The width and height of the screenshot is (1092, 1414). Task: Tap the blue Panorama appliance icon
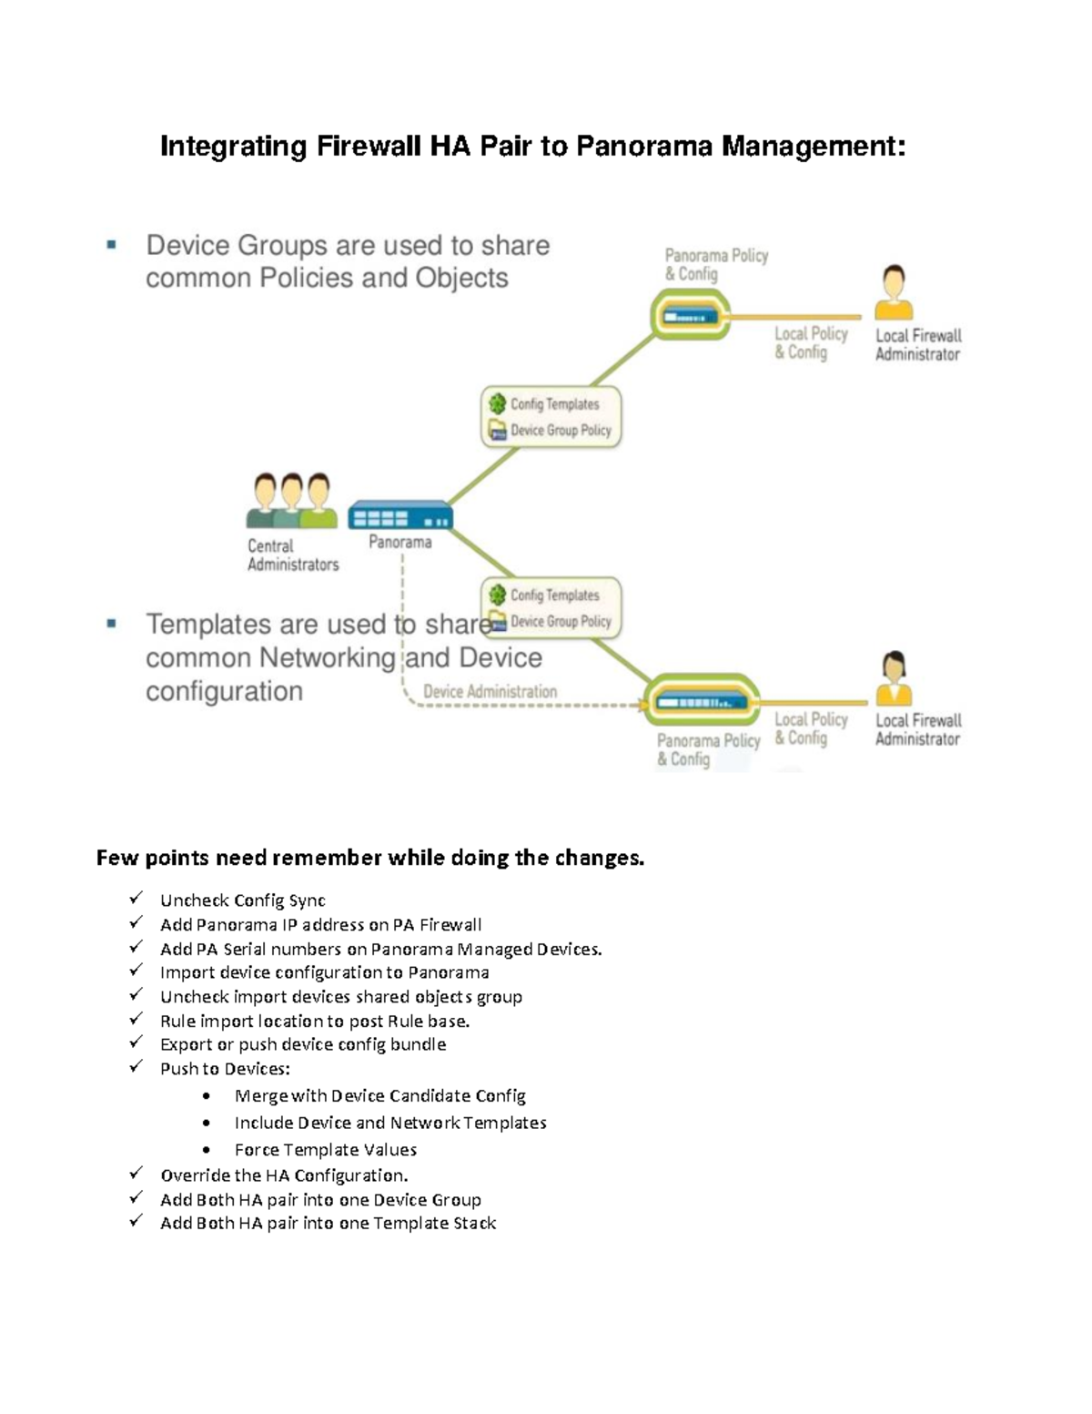pyautogui.click(x=400, y=516)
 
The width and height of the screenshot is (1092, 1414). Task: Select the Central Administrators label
pyautogui.click(x=292, y=554)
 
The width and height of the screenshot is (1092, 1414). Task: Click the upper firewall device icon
pyautogui.click(x=691, y=317)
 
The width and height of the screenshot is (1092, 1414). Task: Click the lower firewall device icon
pyautogui.click(x=702, y=702)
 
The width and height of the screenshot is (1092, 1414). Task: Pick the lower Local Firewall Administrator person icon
pyautogui.click(x=894, y=677)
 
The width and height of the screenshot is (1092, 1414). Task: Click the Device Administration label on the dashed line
pyautogui.click(x=490, y=691)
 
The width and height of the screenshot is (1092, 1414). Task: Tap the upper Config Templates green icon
pyautogui.click(x=497, y=403)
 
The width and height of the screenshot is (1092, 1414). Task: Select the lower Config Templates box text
pyautogui.click(x=554, y=595)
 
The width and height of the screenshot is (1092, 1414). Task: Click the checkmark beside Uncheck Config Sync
pyautogui.click(x=136, y=899)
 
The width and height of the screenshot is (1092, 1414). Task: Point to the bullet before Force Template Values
pyautogui.click(x=208, y=1150)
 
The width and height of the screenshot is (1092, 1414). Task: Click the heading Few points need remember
pyautogui.click(x=369, y=858)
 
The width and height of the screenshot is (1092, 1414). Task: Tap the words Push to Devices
pyautogui.click(x=225, y=1068)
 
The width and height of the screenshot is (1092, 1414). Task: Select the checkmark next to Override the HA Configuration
pyautogui.click(x=136, y=1174)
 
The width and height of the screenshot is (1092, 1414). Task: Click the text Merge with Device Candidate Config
pyautogui.click(x=379, y=1095)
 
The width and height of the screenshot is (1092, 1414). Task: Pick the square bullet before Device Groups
pyautogui.click(x=111, y=245)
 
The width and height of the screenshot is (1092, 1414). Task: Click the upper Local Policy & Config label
pyautogui.click(x=811, y=342)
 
